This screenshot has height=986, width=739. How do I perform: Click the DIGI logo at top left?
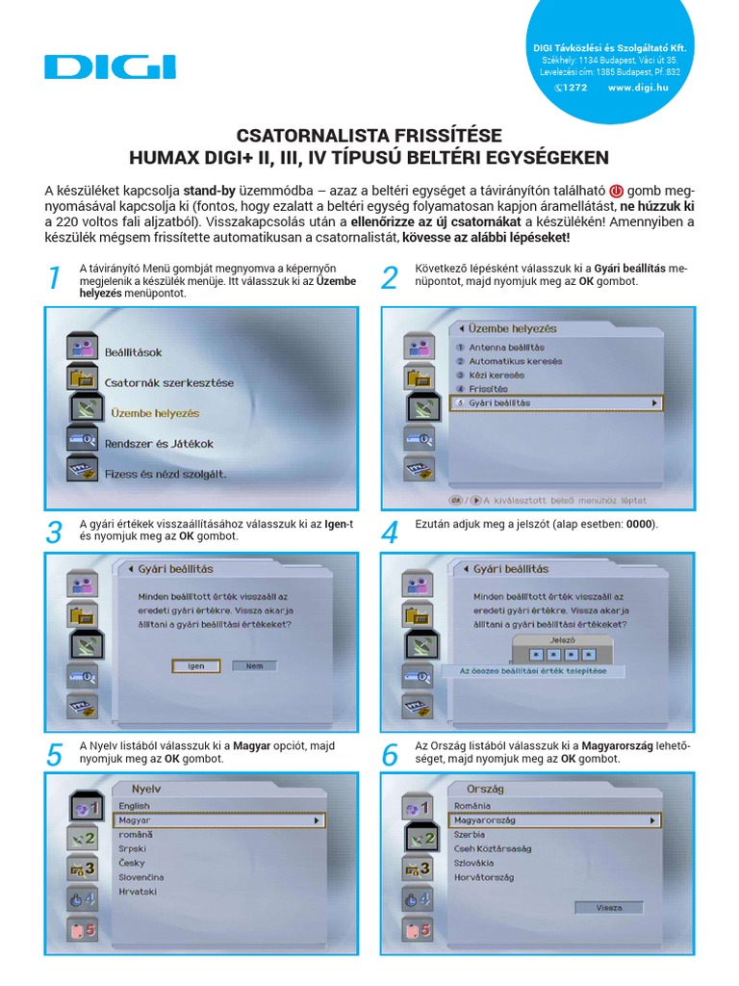pos(109,65)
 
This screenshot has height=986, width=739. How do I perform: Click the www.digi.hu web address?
pos(638,87)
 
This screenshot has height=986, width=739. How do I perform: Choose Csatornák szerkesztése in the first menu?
pos(168,382)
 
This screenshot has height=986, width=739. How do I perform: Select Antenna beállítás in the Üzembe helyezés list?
pos(506,347)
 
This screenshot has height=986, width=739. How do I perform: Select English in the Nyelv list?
pos(134,806)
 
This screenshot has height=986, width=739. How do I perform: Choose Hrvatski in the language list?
pos(139,893)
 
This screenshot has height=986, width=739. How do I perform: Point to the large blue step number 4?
pos(390,532)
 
